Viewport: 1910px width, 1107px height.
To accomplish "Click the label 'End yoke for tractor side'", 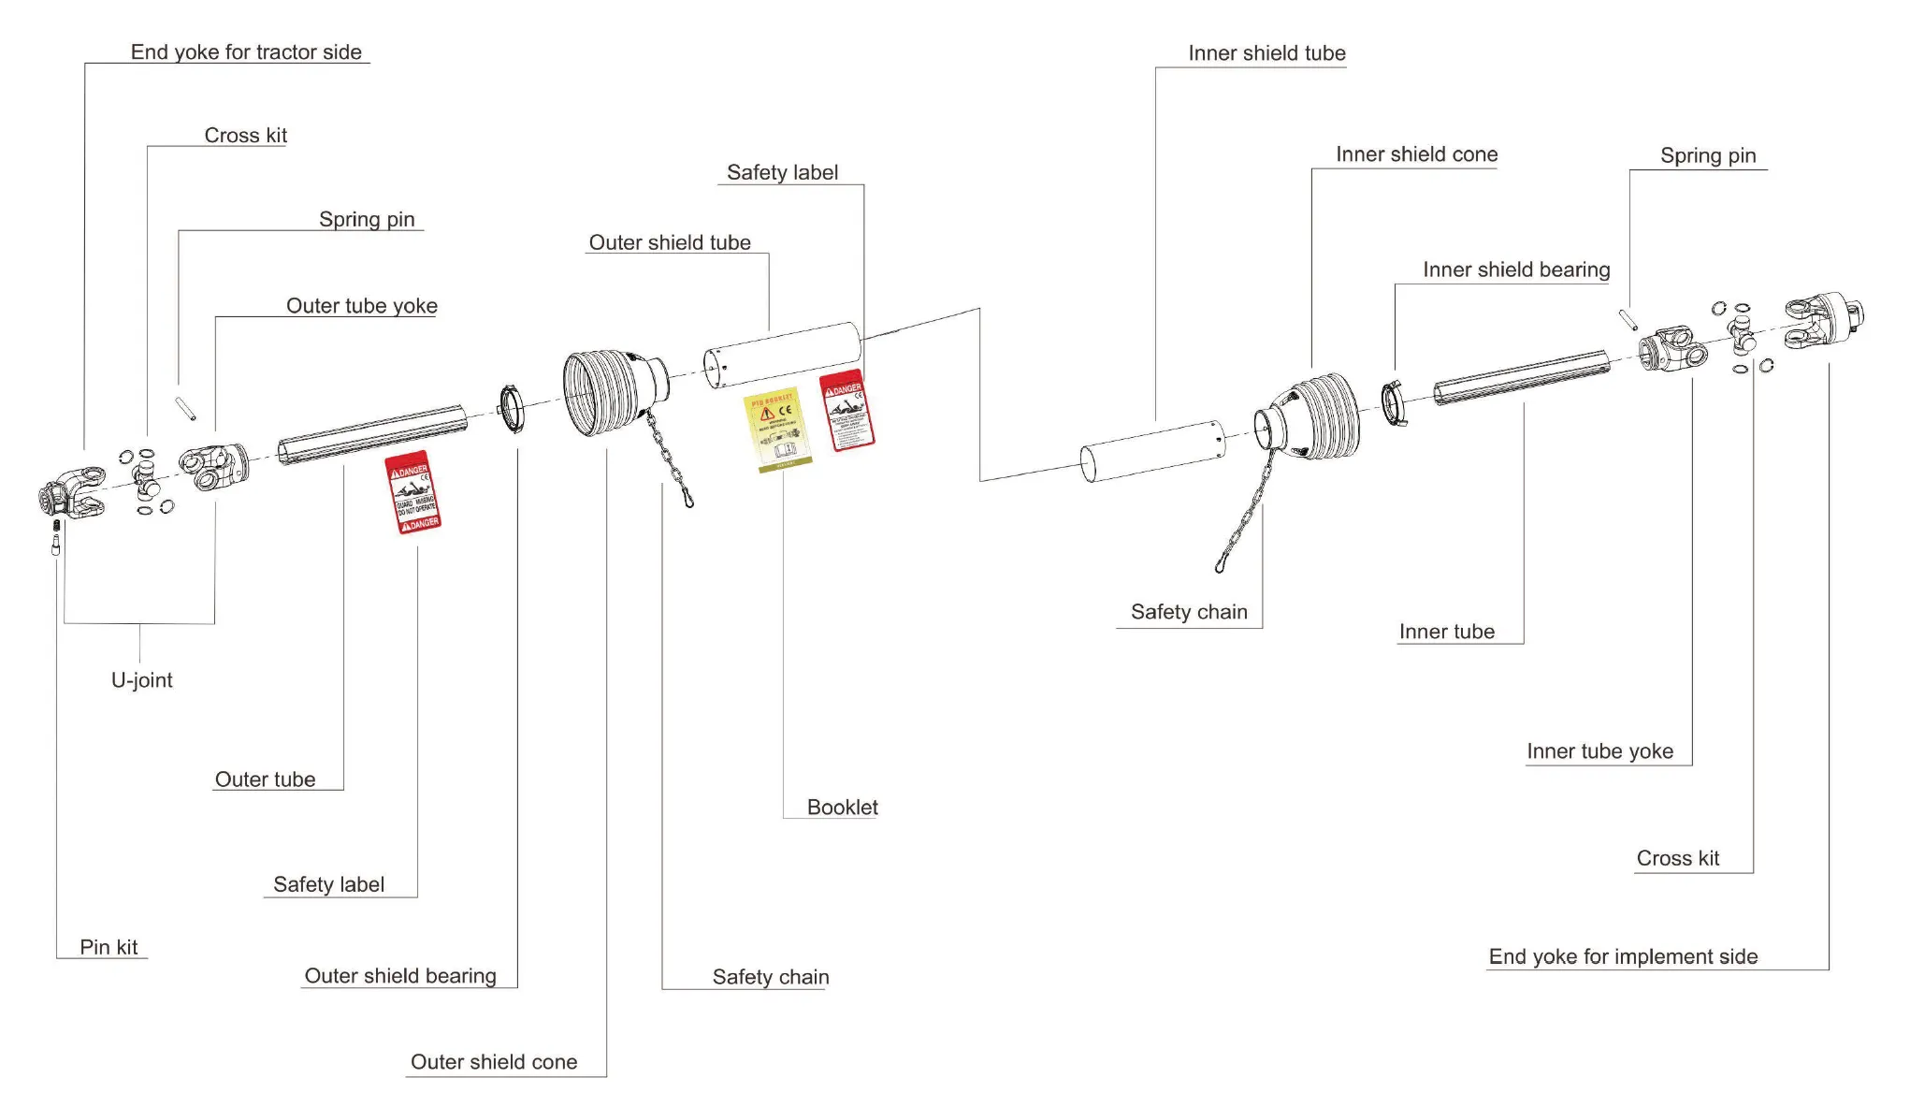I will [246, 52].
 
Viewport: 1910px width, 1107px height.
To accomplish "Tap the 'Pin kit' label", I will [109, 947].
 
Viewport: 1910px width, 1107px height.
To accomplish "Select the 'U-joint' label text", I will [142, 680].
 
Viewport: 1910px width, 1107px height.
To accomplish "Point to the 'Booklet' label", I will [842, 808].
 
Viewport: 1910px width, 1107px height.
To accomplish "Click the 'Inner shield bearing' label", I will [1516, 270].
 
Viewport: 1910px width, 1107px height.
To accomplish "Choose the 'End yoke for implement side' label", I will [1623, 956].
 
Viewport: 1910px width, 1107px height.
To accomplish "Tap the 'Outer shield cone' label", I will [494, 1062].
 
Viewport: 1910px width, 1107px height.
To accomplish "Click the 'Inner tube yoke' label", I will [1599, 751].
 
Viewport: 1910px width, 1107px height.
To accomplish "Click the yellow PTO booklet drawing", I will [777, 430].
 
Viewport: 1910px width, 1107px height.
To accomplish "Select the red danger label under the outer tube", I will [413, 493].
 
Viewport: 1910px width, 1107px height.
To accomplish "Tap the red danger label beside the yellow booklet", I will [847, 412].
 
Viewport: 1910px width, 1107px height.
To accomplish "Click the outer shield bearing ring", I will [512, 409].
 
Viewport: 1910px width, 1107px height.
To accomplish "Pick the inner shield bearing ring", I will [1393, 403].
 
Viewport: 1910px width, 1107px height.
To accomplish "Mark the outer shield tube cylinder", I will [782, 356].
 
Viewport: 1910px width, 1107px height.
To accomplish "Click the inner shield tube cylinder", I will [1152, 451].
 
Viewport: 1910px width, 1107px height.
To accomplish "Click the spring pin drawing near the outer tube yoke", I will [185, 408].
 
